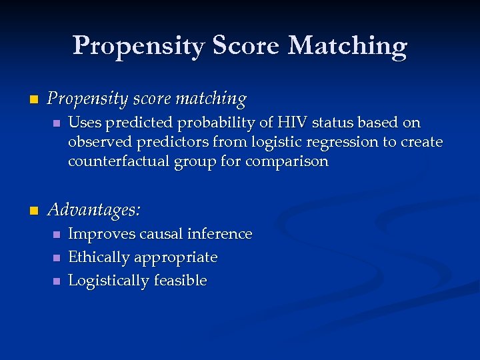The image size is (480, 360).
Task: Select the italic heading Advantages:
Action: tap(94, 210)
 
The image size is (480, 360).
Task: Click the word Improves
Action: tap(98, 234)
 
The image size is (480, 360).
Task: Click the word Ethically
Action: tap(99, 257)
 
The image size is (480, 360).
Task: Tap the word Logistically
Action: tap(109, 281)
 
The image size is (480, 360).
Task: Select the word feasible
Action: tap(180, 281)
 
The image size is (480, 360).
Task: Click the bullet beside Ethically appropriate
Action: tap(57, 258)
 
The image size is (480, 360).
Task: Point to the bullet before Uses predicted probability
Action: tap(57, 123)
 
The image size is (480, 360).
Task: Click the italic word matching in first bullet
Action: tap(211, 99)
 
